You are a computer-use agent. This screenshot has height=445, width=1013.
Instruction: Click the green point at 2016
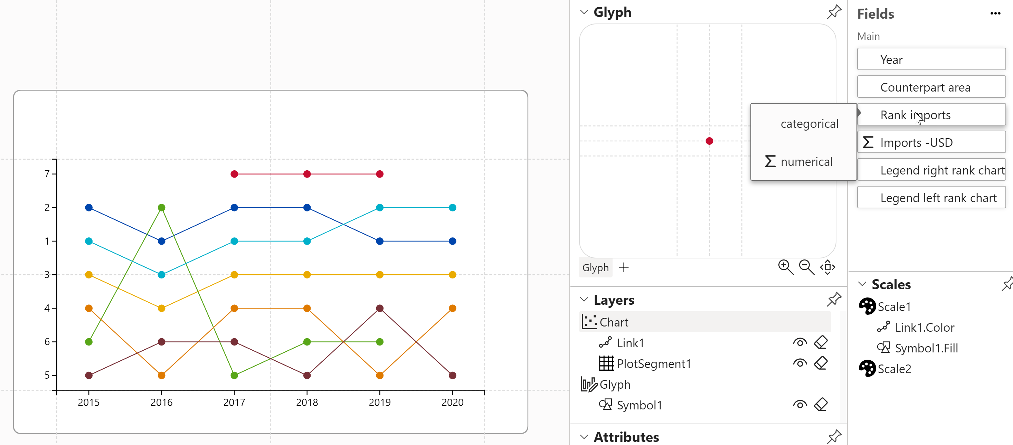161,208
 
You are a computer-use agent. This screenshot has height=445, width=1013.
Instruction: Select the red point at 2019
379,174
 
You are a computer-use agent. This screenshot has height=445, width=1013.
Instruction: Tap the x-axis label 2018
307,402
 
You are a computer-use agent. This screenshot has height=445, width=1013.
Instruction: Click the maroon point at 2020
452,376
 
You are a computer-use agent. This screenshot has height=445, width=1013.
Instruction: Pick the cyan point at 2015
89,241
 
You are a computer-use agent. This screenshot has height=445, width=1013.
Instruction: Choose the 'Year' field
931,59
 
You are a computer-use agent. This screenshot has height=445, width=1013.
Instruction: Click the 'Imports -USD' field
931,142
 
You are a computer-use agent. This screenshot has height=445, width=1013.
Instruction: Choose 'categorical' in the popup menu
809,124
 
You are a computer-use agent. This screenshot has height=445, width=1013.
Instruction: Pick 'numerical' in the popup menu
806,162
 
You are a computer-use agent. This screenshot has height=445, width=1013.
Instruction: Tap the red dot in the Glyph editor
709,141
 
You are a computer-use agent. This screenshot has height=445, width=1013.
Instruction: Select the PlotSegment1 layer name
654,363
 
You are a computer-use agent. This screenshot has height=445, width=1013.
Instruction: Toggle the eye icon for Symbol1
799,405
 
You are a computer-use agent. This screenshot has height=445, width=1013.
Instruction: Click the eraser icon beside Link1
821,342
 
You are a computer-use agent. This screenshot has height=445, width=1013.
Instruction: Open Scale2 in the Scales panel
894,369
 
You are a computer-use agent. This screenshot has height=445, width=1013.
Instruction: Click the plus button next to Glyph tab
624,268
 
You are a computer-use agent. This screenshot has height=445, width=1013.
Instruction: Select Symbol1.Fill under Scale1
926,348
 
